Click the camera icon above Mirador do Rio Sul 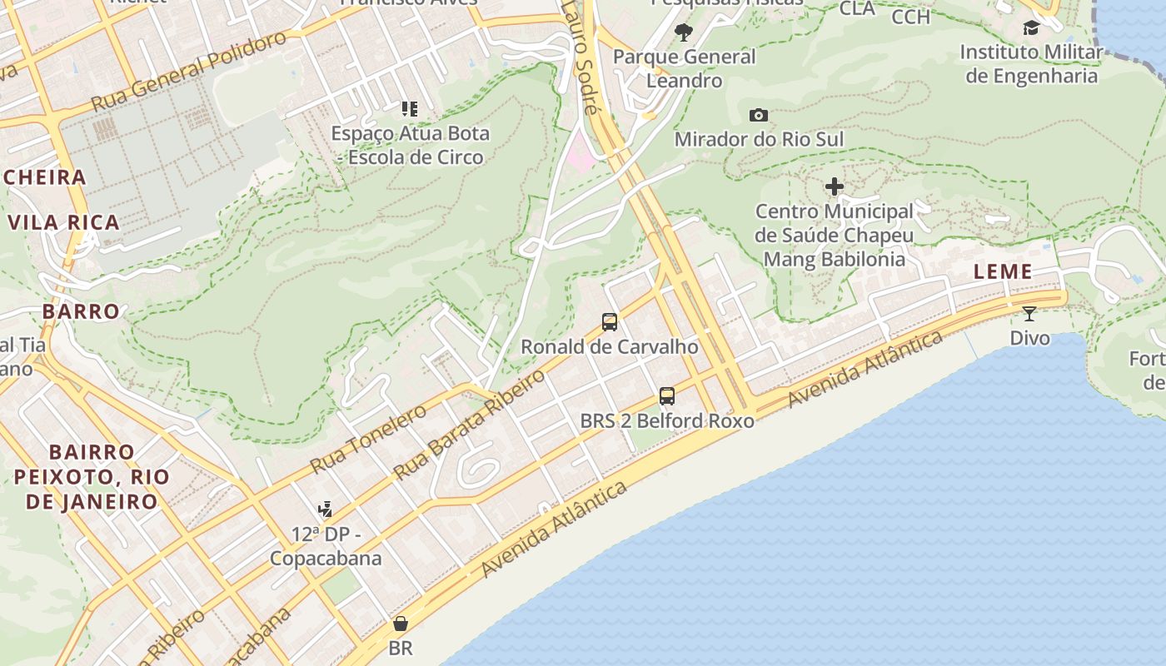click(758, 115)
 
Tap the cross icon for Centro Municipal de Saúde click(834, 186)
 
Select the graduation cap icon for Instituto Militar click(1031, 28)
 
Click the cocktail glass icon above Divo click(1029, 314)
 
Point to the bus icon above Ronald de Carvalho click(610, 322)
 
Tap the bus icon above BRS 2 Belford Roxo click(667, 396)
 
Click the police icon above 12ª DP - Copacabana click(326, 509)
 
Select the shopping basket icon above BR click(401, 624)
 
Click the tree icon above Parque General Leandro click(684, 32)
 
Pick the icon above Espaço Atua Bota click(409, 108)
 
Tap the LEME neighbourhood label click(1003, 271)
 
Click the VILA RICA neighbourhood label click(64, 222)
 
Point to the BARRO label click(82, 311)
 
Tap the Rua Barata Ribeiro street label click(470, 424)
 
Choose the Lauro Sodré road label click(579, 57)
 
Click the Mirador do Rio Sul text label click(759, 139)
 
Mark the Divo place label click(1029, 338)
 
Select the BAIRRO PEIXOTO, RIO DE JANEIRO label click(92, 477)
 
